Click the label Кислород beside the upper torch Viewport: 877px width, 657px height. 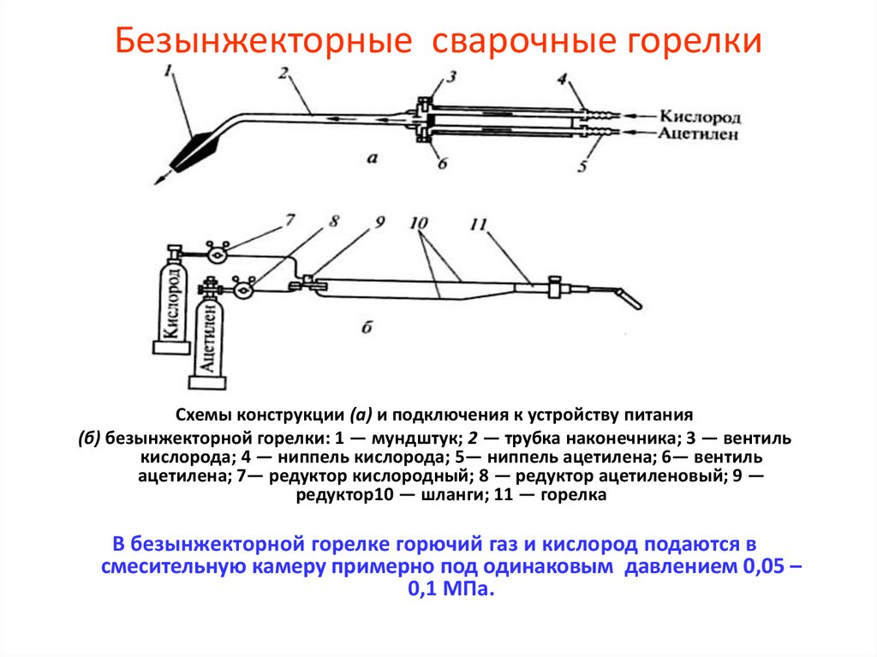(x=700, y=116)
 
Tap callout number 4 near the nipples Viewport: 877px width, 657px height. (x=562, y=81)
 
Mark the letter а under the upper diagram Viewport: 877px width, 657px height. (x=371, y=157)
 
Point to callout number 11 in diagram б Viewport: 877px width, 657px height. (x=477, y=224)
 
